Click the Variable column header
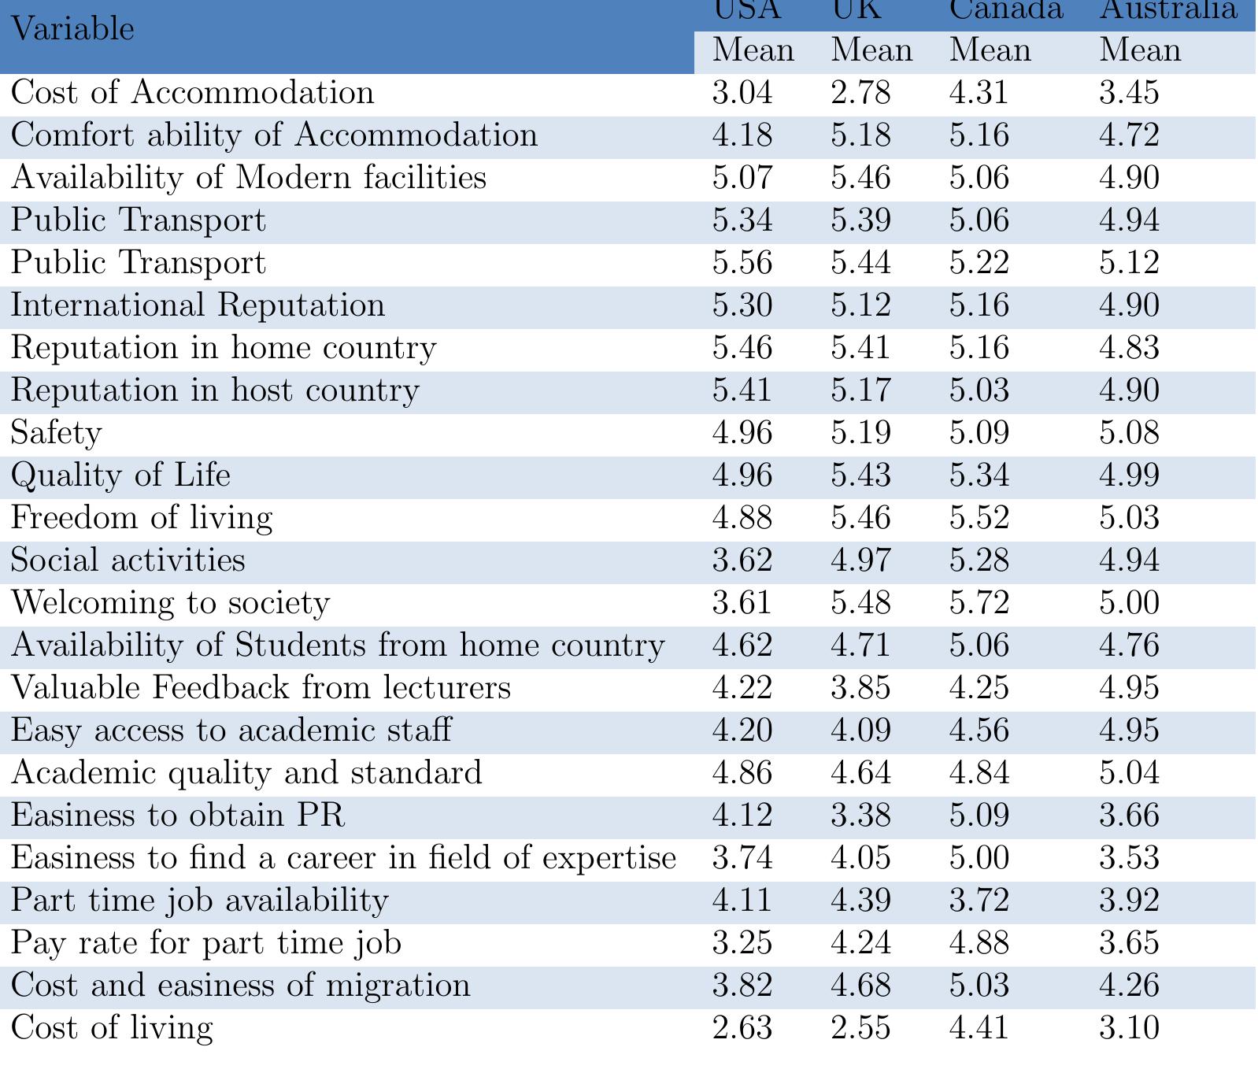tap(72, 30)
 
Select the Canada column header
tap(1005, 9)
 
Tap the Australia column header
tap(1167, 9)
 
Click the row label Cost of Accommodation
tap(192, 93)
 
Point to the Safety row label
tap(56, 433)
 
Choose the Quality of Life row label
tap(120, 475)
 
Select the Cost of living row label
tap(112, 1028)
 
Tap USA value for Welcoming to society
tap(742, 603)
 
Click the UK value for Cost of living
tap(860, 1028)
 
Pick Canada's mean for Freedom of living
tap(979, 518)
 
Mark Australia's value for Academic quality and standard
tap(1129, 773)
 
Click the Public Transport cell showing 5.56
tap(742, 263)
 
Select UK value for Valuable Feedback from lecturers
tap(860, 688)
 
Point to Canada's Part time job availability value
tap(979, 901)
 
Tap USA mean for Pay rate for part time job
tap(742, 943)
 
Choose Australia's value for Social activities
tap(1129, 560)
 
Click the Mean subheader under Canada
tap(990, 51)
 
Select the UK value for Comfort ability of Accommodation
tap(860, 135)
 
